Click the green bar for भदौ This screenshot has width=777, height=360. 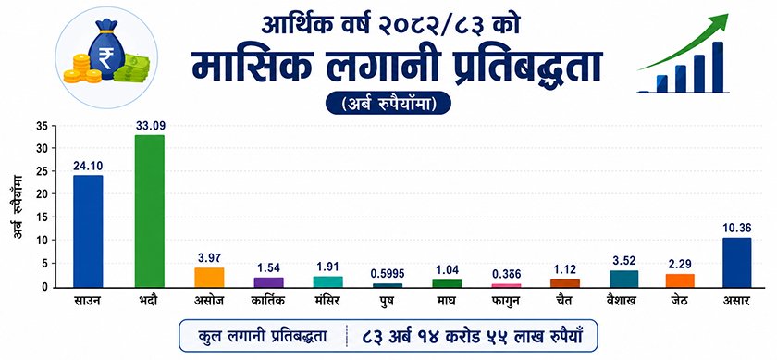coord(149,211)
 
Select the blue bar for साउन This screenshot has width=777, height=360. coord(88,231)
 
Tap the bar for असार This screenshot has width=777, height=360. coord(737,262)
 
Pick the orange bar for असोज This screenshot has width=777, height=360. coord(209,278)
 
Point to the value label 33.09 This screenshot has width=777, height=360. coord(150,126)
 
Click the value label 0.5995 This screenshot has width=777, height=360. coord(387,274)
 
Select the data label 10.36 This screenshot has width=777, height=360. coord(737,229)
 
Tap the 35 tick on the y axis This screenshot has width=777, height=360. coord(43,126)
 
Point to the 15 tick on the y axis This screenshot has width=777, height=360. coord(43,217)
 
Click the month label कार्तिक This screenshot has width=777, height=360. coord(267,301)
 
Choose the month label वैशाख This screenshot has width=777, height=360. coord(623,301)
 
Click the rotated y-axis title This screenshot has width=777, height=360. coord(18,205)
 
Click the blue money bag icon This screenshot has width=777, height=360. coord(105,51)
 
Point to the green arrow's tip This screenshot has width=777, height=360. coord(729,15)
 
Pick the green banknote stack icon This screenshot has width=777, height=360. coord(131,68)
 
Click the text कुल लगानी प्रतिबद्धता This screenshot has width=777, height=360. coord(263,336)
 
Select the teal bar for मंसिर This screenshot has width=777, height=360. coord(327,282)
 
